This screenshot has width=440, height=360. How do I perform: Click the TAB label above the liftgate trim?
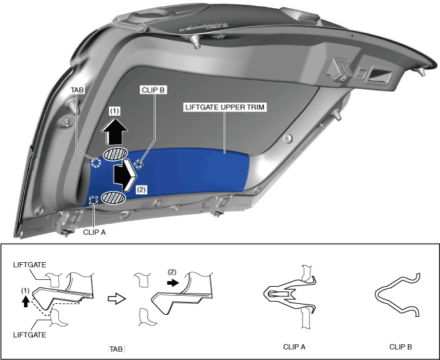76,89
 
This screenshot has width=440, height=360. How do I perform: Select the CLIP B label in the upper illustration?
153,89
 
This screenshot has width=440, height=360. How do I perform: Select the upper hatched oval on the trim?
114,153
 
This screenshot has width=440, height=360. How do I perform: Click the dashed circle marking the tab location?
96,163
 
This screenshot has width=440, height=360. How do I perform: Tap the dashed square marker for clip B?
138,164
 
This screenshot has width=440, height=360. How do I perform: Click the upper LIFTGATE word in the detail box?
29,263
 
